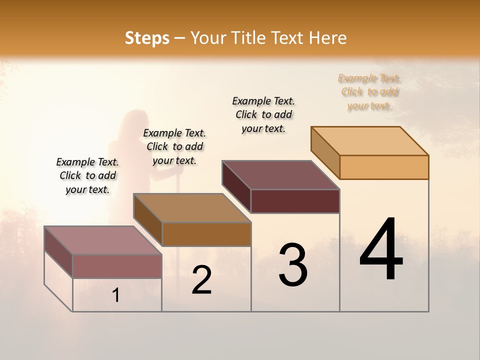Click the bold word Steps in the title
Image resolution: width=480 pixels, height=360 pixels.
[x=147, y=38]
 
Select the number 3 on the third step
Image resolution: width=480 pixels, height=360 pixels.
[x=293, y=265]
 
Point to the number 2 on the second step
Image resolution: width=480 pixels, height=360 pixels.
[x=202, y=280]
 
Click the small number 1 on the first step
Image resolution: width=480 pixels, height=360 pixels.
[x=116, y=295]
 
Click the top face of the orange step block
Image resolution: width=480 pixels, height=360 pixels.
[x=370, y=140]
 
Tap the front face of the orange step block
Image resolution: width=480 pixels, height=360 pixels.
[x=384, y=167]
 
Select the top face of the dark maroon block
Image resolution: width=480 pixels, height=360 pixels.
[x=281, y=174]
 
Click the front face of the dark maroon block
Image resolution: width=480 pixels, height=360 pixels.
[x=295, y=201]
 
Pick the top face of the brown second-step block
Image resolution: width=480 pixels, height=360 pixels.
[x=192, y=207]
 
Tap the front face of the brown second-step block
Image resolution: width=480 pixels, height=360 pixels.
[x=206, y=234]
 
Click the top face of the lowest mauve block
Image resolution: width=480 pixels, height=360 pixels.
[x=103, y=240]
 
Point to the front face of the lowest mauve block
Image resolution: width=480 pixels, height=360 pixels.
[x=117, y=266]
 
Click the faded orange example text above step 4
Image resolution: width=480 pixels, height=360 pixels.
[x=369, y=92]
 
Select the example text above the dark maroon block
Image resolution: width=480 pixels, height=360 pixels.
[x=263, y=114]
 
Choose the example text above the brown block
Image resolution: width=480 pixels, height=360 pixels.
[x=174, y=146]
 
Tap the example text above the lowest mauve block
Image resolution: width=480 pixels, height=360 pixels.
[x=87, y=175]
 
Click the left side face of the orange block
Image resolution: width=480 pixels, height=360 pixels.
[x=325, y=152]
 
